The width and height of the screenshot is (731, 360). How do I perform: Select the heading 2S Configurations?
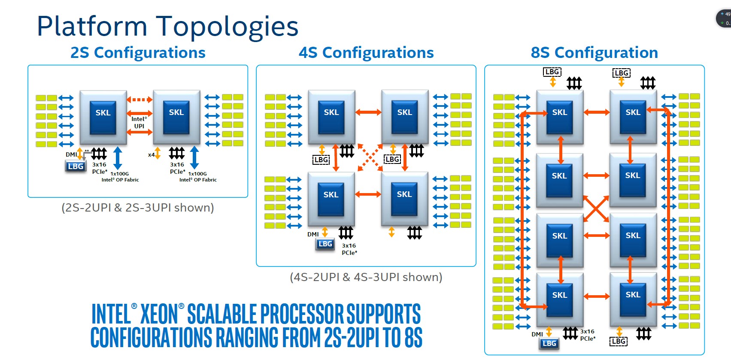click(138, 53)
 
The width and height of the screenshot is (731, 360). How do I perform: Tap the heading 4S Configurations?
click(366, 53)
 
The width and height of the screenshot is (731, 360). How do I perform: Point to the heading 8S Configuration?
click(594, 53)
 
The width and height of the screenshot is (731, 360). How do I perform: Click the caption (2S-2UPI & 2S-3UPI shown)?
click(138, 208)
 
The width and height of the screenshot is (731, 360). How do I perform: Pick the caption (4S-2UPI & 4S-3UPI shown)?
click(366, 277)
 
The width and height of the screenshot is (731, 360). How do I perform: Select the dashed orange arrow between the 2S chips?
click(140, 100)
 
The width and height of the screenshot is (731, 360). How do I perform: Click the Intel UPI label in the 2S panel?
click(139, 123)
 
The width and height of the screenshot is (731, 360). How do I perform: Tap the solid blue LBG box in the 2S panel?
click(76, 166)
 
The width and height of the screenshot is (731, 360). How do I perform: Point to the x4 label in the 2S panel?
click(151, 155)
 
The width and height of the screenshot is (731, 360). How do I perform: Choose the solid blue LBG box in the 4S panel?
click(325, 244)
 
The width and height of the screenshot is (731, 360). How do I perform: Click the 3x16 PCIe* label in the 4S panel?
click(349, 249)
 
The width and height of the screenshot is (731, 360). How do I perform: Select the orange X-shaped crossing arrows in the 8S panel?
click(596, 209)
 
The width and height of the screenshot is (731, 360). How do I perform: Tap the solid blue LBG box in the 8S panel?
click(549, 343)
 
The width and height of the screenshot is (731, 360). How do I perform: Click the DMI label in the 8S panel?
click(537, 334)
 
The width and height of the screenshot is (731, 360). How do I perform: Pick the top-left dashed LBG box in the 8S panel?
click(552, 72)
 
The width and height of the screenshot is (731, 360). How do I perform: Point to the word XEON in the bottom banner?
click(159, 314)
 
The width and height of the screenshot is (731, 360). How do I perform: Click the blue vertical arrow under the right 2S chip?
click(194, 157)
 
